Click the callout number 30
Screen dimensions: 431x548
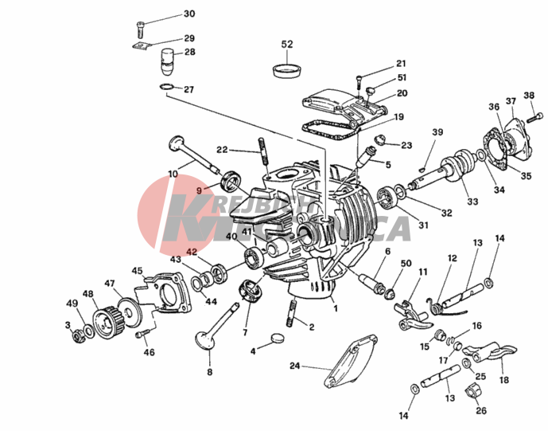(188, 14)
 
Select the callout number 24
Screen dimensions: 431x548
(294, 367)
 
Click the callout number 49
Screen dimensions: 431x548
(72, 303)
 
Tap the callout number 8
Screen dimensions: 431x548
(210, 371)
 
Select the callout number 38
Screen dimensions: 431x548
(528, 96)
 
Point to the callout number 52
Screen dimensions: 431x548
(287, 44)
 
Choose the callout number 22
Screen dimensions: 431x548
(222, 149)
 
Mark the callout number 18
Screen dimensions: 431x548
(503, 381)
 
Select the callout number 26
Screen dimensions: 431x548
(480, 410)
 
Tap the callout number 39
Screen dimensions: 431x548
(437, 131)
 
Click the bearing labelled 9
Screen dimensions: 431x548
(231, 180)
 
